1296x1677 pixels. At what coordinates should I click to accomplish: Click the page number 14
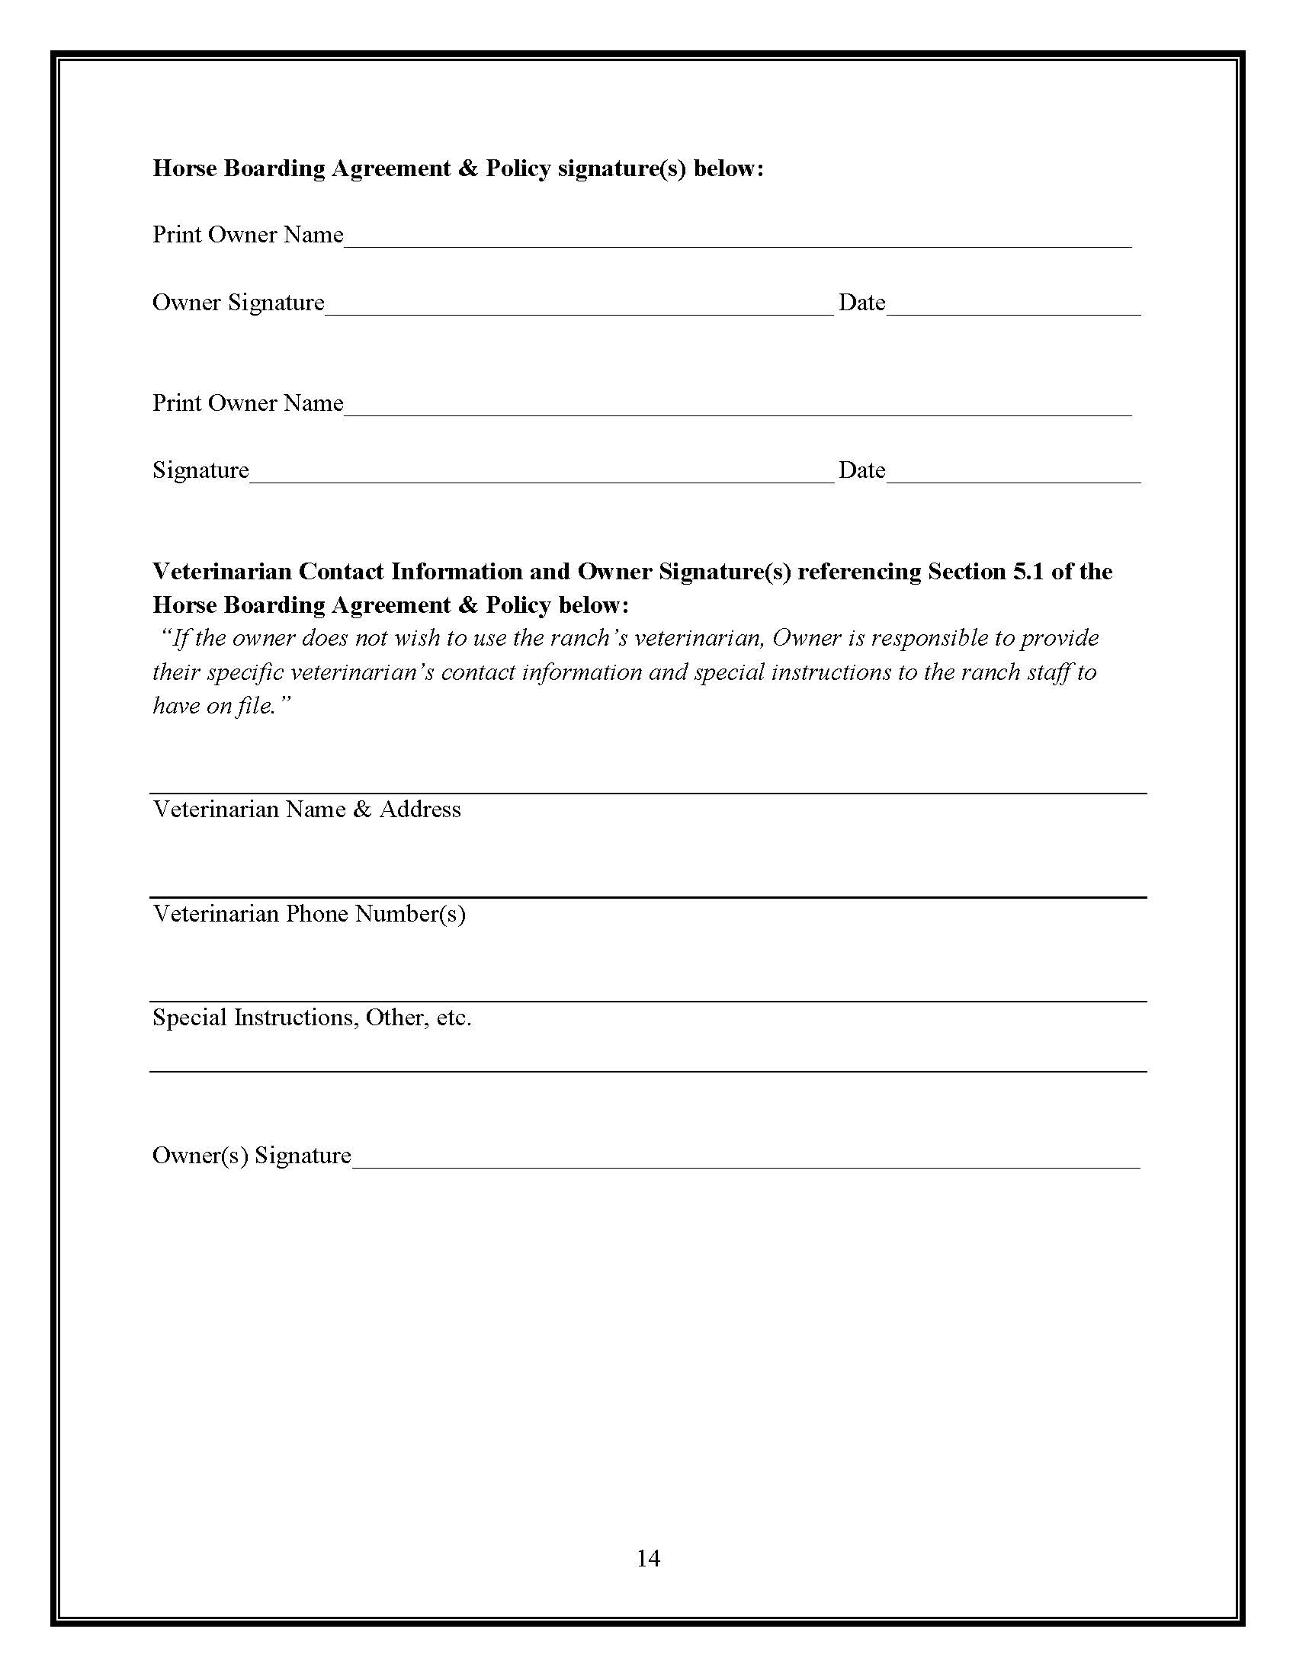648,1557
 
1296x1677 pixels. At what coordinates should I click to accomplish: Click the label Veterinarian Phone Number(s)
309,913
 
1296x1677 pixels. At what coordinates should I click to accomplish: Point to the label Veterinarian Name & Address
306,809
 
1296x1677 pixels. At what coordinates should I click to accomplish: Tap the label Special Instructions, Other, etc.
312,1018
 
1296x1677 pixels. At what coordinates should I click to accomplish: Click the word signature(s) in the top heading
621,168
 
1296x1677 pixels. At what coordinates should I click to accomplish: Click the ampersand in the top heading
467,168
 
